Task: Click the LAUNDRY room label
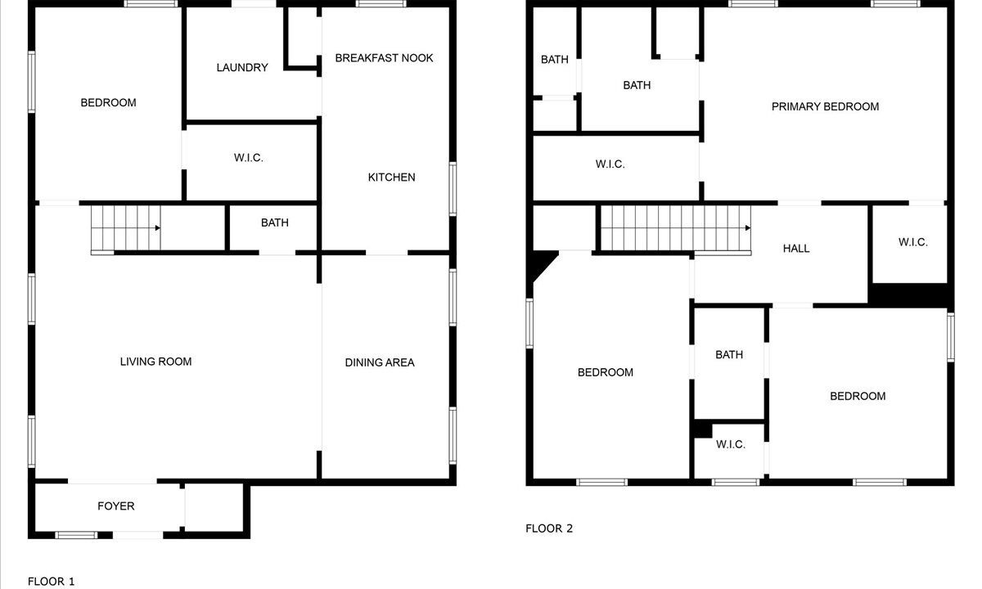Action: [242, 67]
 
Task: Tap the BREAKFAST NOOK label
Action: [384, 58]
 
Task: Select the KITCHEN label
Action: [391, 177]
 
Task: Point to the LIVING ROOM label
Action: [155, 362]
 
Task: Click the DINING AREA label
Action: [380, 362]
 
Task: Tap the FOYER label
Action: [115, 506]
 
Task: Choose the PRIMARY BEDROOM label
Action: [825, 106]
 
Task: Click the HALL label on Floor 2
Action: [796, 249]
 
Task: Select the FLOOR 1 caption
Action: [52, 582]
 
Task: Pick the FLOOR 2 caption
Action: [549, 528]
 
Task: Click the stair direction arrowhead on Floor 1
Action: [157, 228]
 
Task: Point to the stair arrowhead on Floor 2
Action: [748, 228]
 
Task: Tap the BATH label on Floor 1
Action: [275, 223]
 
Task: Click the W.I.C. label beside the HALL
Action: [913, 242]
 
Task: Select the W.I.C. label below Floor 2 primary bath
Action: [610, 164]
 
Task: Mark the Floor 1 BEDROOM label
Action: [108, 102]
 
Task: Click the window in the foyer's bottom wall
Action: [76, 535]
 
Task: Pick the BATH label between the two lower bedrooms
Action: [729, 354]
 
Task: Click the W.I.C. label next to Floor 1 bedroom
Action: [249, 158]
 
